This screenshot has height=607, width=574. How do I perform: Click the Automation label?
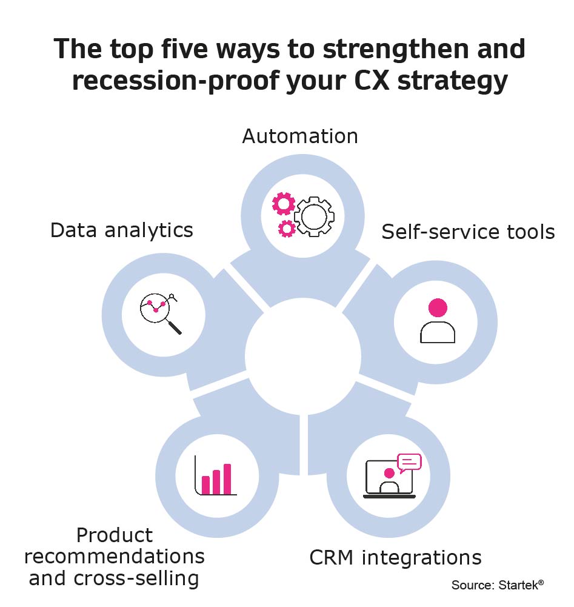[301, 136]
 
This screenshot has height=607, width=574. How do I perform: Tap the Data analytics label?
[122, 231]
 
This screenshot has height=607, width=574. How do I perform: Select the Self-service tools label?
[469, 232]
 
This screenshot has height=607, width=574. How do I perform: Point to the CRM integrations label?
[396, 558]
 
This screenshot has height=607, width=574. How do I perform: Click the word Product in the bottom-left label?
[115, 536]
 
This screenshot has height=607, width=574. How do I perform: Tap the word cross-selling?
[136, 578]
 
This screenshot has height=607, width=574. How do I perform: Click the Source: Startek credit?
[498, 585]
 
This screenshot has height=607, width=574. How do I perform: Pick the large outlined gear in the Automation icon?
[314, 217]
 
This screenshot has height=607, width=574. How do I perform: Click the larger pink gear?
[284, 204]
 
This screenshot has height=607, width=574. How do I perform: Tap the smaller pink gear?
[287, 229]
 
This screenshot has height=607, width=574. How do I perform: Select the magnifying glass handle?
[174, 326]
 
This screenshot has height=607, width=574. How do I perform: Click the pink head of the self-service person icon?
[438, 308]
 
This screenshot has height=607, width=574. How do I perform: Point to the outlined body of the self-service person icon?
[438, 332]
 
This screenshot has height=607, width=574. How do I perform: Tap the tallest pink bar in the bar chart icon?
[227, 479]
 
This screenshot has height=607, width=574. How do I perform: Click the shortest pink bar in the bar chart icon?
[206, 486]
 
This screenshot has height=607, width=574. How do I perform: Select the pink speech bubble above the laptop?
[410, 463]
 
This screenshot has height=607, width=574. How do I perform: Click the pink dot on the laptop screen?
[389, 473]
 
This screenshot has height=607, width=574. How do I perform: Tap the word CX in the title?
[372, 81]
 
